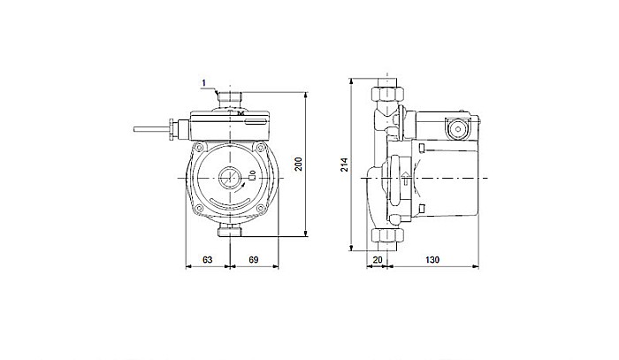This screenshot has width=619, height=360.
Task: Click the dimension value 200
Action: pos(300,165)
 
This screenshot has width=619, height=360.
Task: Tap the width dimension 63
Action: pos(207,260)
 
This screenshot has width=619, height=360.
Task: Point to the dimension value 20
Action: pos(378,260)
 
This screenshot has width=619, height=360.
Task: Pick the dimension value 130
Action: pos(433,260)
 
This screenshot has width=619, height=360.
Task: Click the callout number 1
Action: pos(203,84)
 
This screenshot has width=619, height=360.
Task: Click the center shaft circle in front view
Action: pos(231,178)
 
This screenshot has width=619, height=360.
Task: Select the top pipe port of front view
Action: pos(232,94)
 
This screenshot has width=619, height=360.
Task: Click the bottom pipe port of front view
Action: pos(232,232)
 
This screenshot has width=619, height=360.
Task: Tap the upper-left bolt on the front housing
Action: pos(202,146)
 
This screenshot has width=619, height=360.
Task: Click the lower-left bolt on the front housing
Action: pos(202,211)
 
